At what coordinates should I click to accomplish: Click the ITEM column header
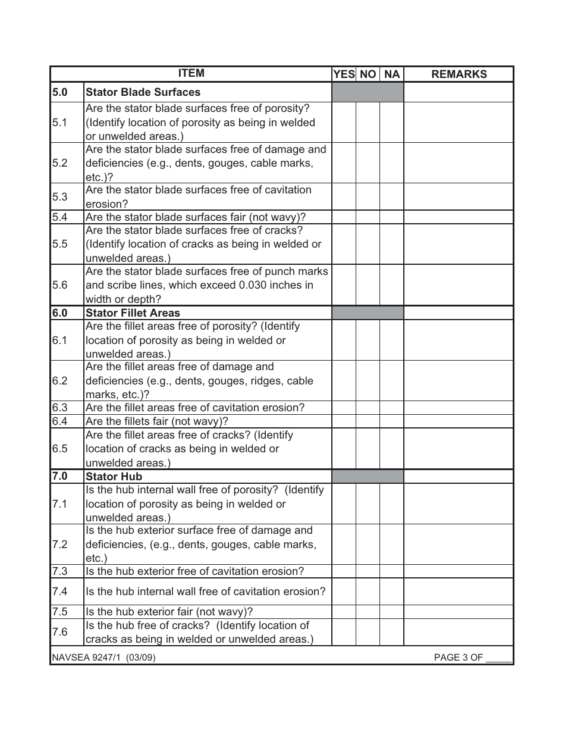[x=191, y=74]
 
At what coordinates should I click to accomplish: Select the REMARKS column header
[x=459, y=74]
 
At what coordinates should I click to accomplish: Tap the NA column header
[x=392, y=74]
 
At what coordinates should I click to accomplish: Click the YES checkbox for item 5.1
[x=344, y=123]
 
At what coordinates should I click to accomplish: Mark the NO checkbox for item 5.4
[x=368, y=217]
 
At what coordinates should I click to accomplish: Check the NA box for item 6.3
[x=391, y=408]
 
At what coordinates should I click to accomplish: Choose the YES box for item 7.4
[x=344, y=592]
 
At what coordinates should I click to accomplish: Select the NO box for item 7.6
[x=368, y=633]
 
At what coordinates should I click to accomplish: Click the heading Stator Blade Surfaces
[x=143, y=92]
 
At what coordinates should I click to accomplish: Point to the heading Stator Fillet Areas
[x=133, y=313]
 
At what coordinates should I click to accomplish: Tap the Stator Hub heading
[x=114, y=477]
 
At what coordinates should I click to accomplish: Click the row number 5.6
[x=60, y=285]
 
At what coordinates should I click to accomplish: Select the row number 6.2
[x=60, y=381]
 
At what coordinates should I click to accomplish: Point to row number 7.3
[x=60, y=571]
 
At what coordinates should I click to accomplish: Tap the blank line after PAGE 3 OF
[x=498, y=658]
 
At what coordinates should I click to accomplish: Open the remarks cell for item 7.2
[x=459, y=545]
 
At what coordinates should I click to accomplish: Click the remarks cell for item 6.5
[x=459, y=449]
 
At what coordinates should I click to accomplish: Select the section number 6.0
[x=60, y=313]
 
